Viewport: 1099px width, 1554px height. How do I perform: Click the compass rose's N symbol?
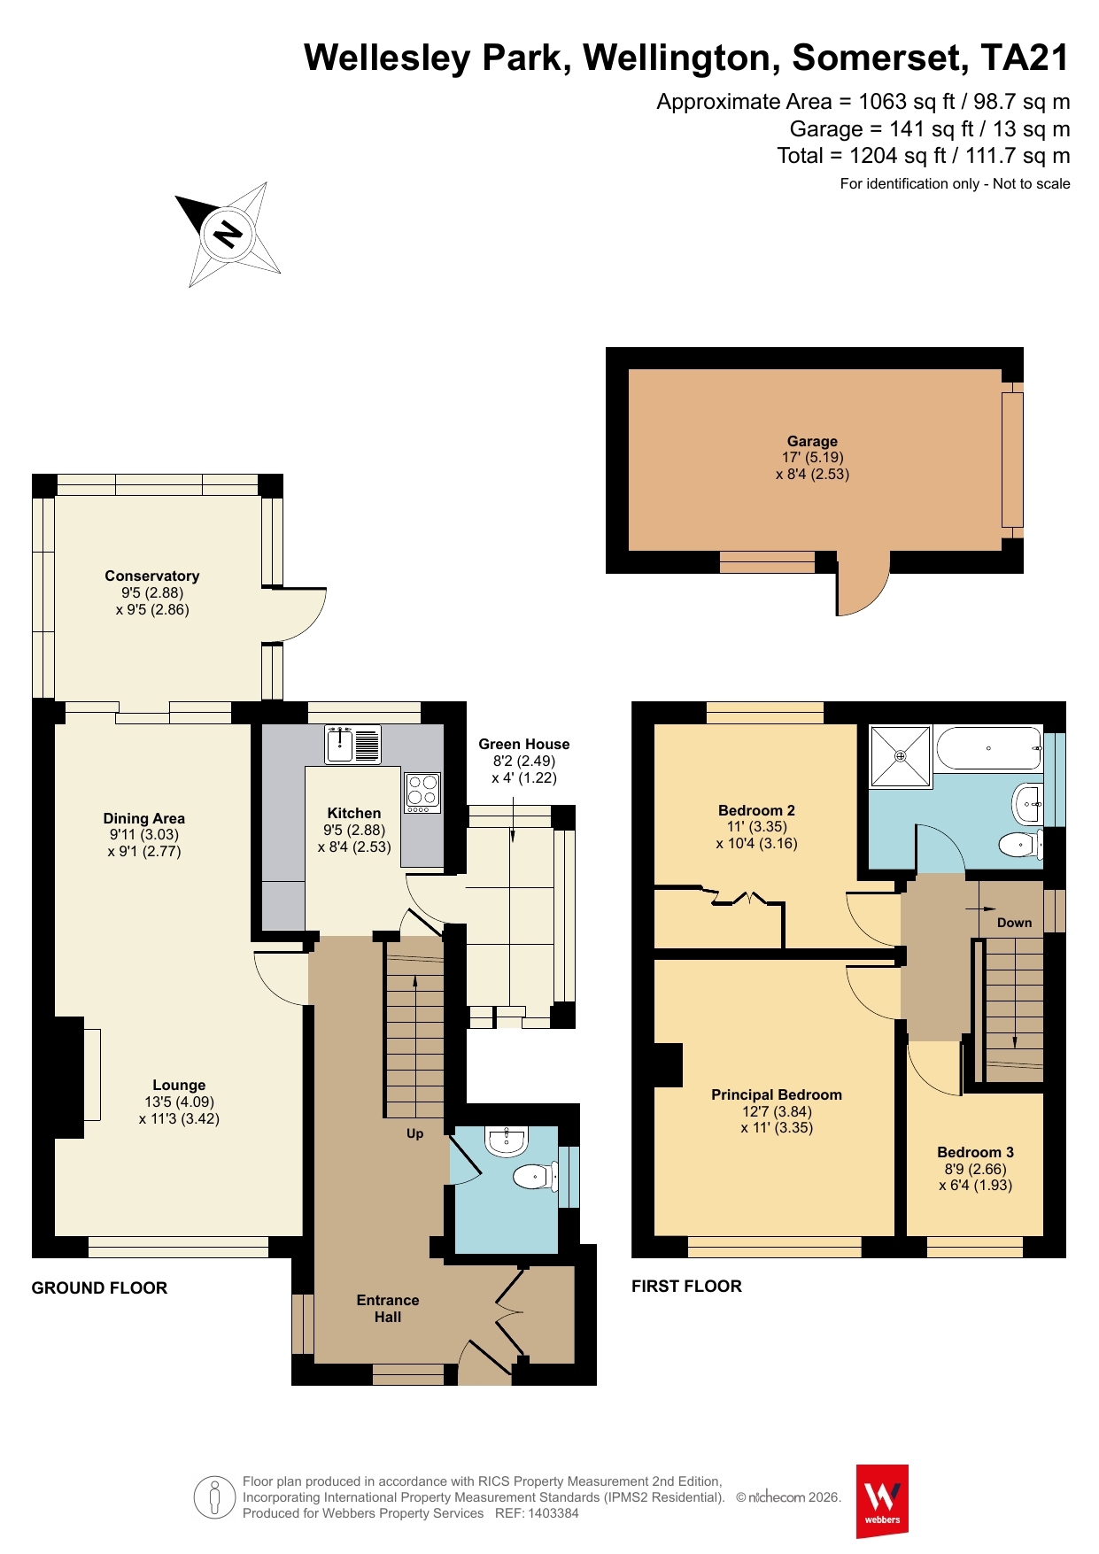228,234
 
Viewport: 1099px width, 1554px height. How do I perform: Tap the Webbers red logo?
882,1501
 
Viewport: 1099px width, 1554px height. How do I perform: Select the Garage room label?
812,441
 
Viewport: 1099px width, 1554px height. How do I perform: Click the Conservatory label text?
152,576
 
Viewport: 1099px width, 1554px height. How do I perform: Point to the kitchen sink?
353,745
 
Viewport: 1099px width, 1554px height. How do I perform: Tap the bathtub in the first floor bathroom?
988,749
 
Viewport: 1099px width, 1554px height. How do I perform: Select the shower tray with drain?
901,756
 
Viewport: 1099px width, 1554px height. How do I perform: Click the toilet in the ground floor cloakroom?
534,1177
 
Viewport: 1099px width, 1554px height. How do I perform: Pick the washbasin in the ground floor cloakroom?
507,1141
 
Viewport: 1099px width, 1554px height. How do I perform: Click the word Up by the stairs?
414,1134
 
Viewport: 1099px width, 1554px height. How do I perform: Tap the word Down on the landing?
1015,923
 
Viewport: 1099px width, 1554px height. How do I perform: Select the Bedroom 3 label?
976,1152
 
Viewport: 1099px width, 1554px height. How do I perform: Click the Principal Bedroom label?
777,1094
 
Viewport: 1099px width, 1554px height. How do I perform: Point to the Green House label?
524,744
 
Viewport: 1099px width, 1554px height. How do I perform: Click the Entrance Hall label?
388,1309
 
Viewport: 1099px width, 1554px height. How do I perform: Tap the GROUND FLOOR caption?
99,1288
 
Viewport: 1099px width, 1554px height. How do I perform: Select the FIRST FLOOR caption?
686,1287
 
